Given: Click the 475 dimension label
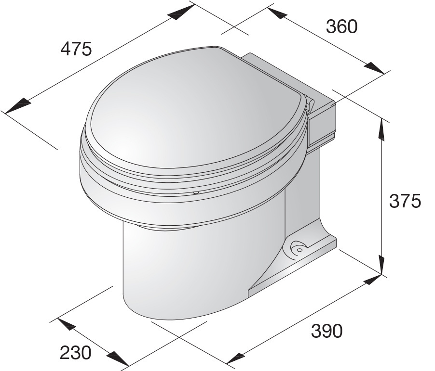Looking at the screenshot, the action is click(x=76, y=49).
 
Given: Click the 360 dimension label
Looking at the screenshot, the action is click(x=341, y=27).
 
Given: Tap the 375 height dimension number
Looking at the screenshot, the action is click(x=405, y=201).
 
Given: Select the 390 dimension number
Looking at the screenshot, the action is click(x=327, y=331).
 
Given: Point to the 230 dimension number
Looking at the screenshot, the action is click(x=75, y=353).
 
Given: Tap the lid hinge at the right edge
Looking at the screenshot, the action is click(x=310, y=103).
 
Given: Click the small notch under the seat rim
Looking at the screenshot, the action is click(x=196, y=192).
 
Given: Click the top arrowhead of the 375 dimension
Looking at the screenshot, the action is click(x=382, y=129).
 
